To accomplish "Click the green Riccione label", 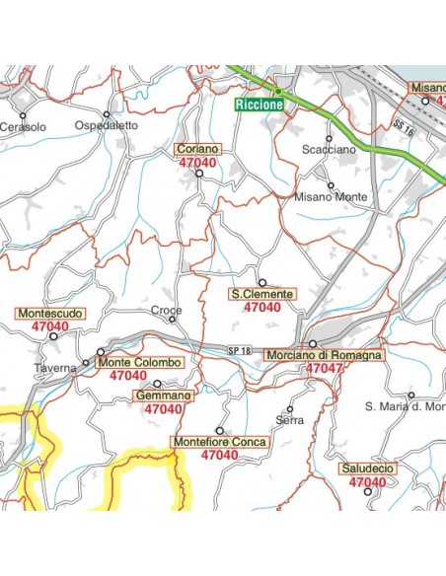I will (x=260, y=104).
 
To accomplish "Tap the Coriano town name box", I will (x=198, y=149).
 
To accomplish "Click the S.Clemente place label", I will (x=261, y=294).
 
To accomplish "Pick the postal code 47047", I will (x=325, y=368).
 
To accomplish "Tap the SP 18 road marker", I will (x=240, y=351).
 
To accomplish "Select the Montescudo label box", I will (x=50, y=314).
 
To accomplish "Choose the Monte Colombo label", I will (x=140, y=363).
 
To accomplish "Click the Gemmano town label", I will (x=163, y=396).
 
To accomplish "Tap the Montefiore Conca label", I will (x=219, y=443).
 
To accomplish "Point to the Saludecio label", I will (x=367, y=468).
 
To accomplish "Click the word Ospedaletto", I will (x=107, y=127).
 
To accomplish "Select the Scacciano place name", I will (x=328, y=149).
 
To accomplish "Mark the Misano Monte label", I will (x=332, y=197).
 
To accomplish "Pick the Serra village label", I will (x=290, y=420).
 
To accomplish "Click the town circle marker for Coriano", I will (x=198, y=174).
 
